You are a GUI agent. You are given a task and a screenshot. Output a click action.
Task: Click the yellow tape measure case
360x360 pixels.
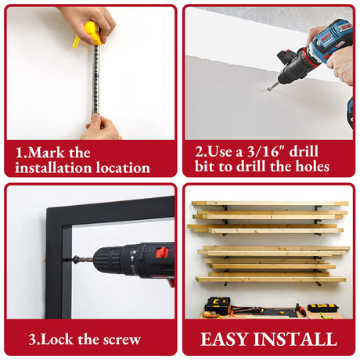[92, 34]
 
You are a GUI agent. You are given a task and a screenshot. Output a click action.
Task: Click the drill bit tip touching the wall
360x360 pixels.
[268, 90]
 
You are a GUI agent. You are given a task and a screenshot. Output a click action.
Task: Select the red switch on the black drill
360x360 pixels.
[162, 253]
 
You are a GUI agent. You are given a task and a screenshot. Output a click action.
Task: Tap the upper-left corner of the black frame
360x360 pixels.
[47, 208]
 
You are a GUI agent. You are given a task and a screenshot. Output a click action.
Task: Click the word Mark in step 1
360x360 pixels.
[46, 153]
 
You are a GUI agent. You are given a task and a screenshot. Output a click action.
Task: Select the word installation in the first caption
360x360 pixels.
[53, 167]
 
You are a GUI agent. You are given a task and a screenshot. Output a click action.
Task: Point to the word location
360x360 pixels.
[123, 167]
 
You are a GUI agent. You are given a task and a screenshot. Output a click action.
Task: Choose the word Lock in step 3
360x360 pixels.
[57, 340]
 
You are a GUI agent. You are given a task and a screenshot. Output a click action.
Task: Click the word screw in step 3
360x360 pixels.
[122, 340]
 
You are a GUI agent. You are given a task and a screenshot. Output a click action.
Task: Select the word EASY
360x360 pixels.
[224, 339]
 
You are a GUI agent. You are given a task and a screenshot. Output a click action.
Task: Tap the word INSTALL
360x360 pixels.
[295, 339]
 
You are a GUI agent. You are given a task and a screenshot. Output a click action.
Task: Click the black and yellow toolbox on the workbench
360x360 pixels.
[217, 304]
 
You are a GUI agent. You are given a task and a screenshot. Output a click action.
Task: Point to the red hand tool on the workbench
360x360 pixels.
[301, 310]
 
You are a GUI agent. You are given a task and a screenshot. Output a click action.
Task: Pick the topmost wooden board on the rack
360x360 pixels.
[270, 203]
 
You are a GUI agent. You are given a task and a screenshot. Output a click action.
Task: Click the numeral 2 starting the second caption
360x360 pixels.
[199, 152]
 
